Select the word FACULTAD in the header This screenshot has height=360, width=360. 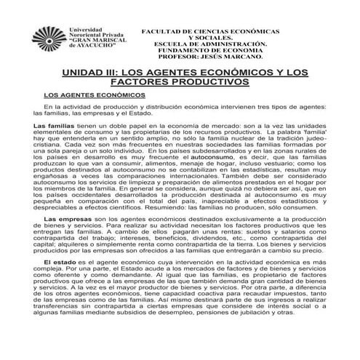(166, 33)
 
